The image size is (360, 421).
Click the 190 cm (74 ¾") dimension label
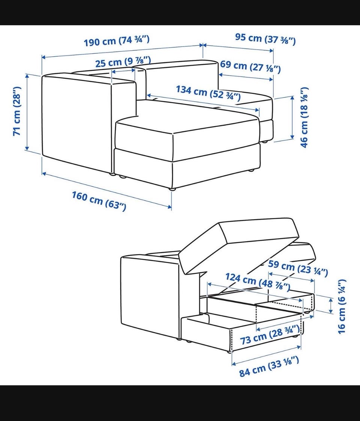tap(116, 41)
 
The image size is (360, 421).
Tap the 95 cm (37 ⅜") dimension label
tap(265, 39)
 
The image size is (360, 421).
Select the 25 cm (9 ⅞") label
tap(123, 62)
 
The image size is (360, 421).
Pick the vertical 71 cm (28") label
tap(17, 111)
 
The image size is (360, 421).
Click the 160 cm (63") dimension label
tap(99, 201)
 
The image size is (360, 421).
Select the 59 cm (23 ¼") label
tap(298, 268)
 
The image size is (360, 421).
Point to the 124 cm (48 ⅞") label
tap(258, 282)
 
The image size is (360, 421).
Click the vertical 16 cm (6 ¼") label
tap(342, 306)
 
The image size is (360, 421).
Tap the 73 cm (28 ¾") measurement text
tap(270, 335)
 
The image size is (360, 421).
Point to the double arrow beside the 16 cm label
tap(331, 306)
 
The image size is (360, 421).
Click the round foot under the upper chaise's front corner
tap(172, 189)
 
